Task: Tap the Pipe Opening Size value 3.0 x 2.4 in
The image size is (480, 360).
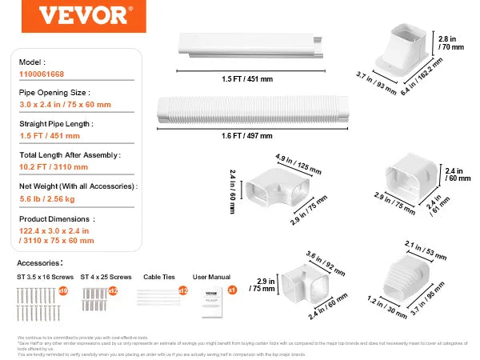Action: click(66, 104)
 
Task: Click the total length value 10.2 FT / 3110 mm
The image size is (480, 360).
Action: click(54, 166)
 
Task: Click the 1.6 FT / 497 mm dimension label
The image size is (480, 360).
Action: click(248, 136)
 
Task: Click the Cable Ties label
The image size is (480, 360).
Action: click(156, 276)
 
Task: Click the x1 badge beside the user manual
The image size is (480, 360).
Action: click(232, 289)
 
